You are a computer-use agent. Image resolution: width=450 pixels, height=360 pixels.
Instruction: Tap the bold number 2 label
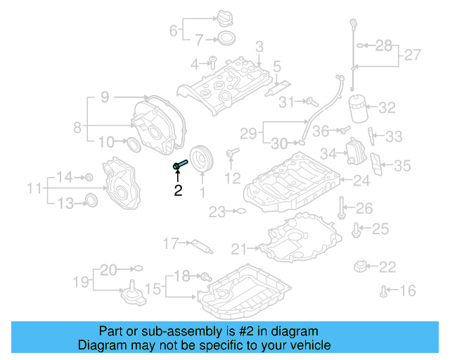click(178, 191)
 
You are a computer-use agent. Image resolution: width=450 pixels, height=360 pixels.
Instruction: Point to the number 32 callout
click(387, 108)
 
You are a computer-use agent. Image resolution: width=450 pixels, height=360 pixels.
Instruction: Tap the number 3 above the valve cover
click(259, 47)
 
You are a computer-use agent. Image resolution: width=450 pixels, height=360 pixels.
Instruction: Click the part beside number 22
click(362, 266)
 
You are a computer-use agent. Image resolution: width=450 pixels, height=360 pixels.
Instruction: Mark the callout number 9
click(104, 98)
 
